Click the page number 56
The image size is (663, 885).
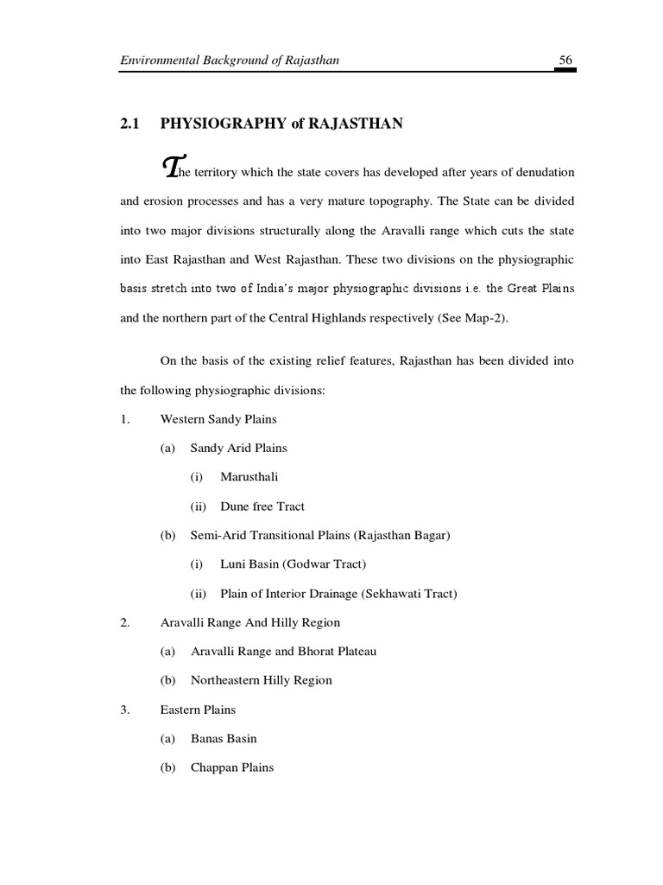coord(566,60)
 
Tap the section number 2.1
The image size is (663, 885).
coord(129,124)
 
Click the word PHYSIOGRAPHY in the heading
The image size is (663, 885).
coord(212,124)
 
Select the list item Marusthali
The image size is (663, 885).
coord(249,476)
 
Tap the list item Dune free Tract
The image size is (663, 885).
coord(262,506)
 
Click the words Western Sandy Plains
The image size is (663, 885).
coord(218,419)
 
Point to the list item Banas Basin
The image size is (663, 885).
coord(224,738)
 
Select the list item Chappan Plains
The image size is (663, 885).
coord(232,767)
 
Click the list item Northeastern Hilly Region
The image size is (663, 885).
coord(261,680)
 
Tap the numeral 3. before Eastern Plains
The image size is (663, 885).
coord(125,710)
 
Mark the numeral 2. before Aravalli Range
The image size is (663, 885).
coord(125,622)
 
